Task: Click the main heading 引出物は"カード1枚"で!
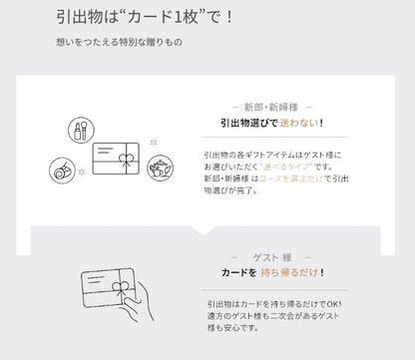coord(144,17)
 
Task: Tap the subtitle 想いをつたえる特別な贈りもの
coord(119,42)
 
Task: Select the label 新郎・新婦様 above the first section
coord(271,107)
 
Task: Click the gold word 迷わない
coord(299,123)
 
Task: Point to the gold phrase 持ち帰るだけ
coord(289,272)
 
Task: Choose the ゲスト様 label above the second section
coord(272,257)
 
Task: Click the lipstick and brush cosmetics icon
coord(81,130)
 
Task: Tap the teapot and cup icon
coord(161,168)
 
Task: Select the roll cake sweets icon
coord(62,171)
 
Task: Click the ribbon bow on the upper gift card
coord(126,159)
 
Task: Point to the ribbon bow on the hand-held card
coord(120,287)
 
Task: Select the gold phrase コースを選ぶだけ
coord(291,179)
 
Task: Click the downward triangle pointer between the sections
coord(204,230)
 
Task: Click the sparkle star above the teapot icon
coord(153,143)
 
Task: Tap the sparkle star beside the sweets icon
coord(82,172)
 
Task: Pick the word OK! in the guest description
coord(334,304)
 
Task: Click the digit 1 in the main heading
coord(178,17)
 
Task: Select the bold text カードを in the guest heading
coord(238,272)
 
